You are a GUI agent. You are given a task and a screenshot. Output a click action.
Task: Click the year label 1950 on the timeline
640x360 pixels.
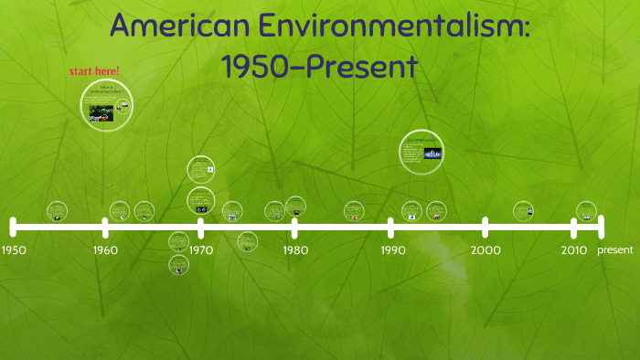click(15, 249)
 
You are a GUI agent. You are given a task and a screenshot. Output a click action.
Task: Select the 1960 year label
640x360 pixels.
click(105, 249)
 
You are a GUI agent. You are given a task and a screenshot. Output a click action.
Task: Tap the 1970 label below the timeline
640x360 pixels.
click(202, 249)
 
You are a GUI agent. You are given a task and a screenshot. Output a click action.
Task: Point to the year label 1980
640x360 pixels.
click(295, 249)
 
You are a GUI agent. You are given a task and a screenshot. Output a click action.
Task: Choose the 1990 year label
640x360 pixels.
click(393, 249)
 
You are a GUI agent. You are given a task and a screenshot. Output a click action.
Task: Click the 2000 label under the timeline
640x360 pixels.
click(485, 249)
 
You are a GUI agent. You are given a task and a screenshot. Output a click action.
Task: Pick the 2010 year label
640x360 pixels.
click(574, 249)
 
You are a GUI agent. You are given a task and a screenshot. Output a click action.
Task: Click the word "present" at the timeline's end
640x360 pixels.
click(614, 249)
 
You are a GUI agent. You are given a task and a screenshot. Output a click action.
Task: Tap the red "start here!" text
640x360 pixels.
click(94, 71)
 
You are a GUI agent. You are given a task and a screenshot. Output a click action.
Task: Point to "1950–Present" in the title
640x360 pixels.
click(319, 66)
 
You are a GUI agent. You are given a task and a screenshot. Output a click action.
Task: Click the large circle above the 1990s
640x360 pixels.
click(421, 152)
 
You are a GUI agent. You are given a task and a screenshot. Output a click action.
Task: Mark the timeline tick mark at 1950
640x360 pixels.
click(14, 227)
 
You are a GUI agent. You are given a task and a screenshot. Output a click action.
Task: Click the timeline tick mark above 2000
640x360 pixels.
click(485, 227)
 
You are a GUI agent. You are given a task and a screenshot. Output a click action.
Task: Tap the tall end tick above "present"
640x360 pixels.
click(601, 226)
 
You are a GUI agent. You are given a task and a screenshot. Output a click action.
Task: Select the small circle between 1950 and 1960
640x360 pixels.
click(57, 212)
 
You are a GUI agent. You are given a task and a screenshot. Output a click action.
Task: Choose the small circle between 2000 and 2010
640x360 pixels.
click(523, 211)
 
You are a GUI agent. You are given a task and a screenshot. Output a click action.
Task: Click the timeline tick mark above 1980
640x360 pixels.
click(294, 227)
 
